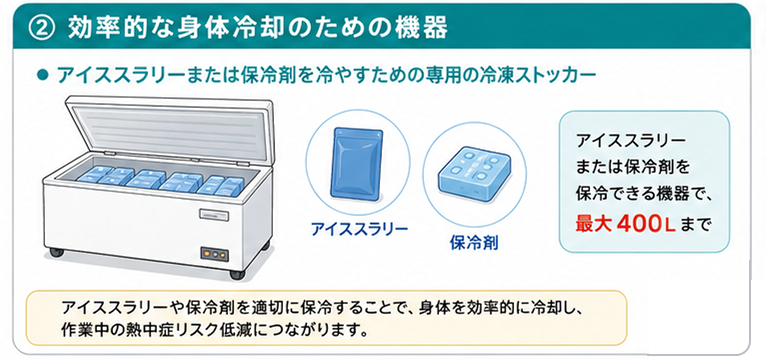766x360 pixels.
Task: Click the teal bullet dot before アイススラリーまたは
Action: point(44,76)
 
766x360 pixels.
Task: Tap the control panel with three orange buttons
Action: point(214,254)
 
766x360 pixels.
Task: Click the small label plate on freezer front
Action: point(213,213)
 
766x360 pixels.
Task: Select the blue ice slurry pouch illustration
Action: point(358,164)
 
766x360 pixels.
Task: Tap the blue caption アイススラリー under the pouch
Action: point(359,229)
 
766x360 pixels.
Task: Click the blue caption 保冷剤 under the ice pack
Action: point(474,242)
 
